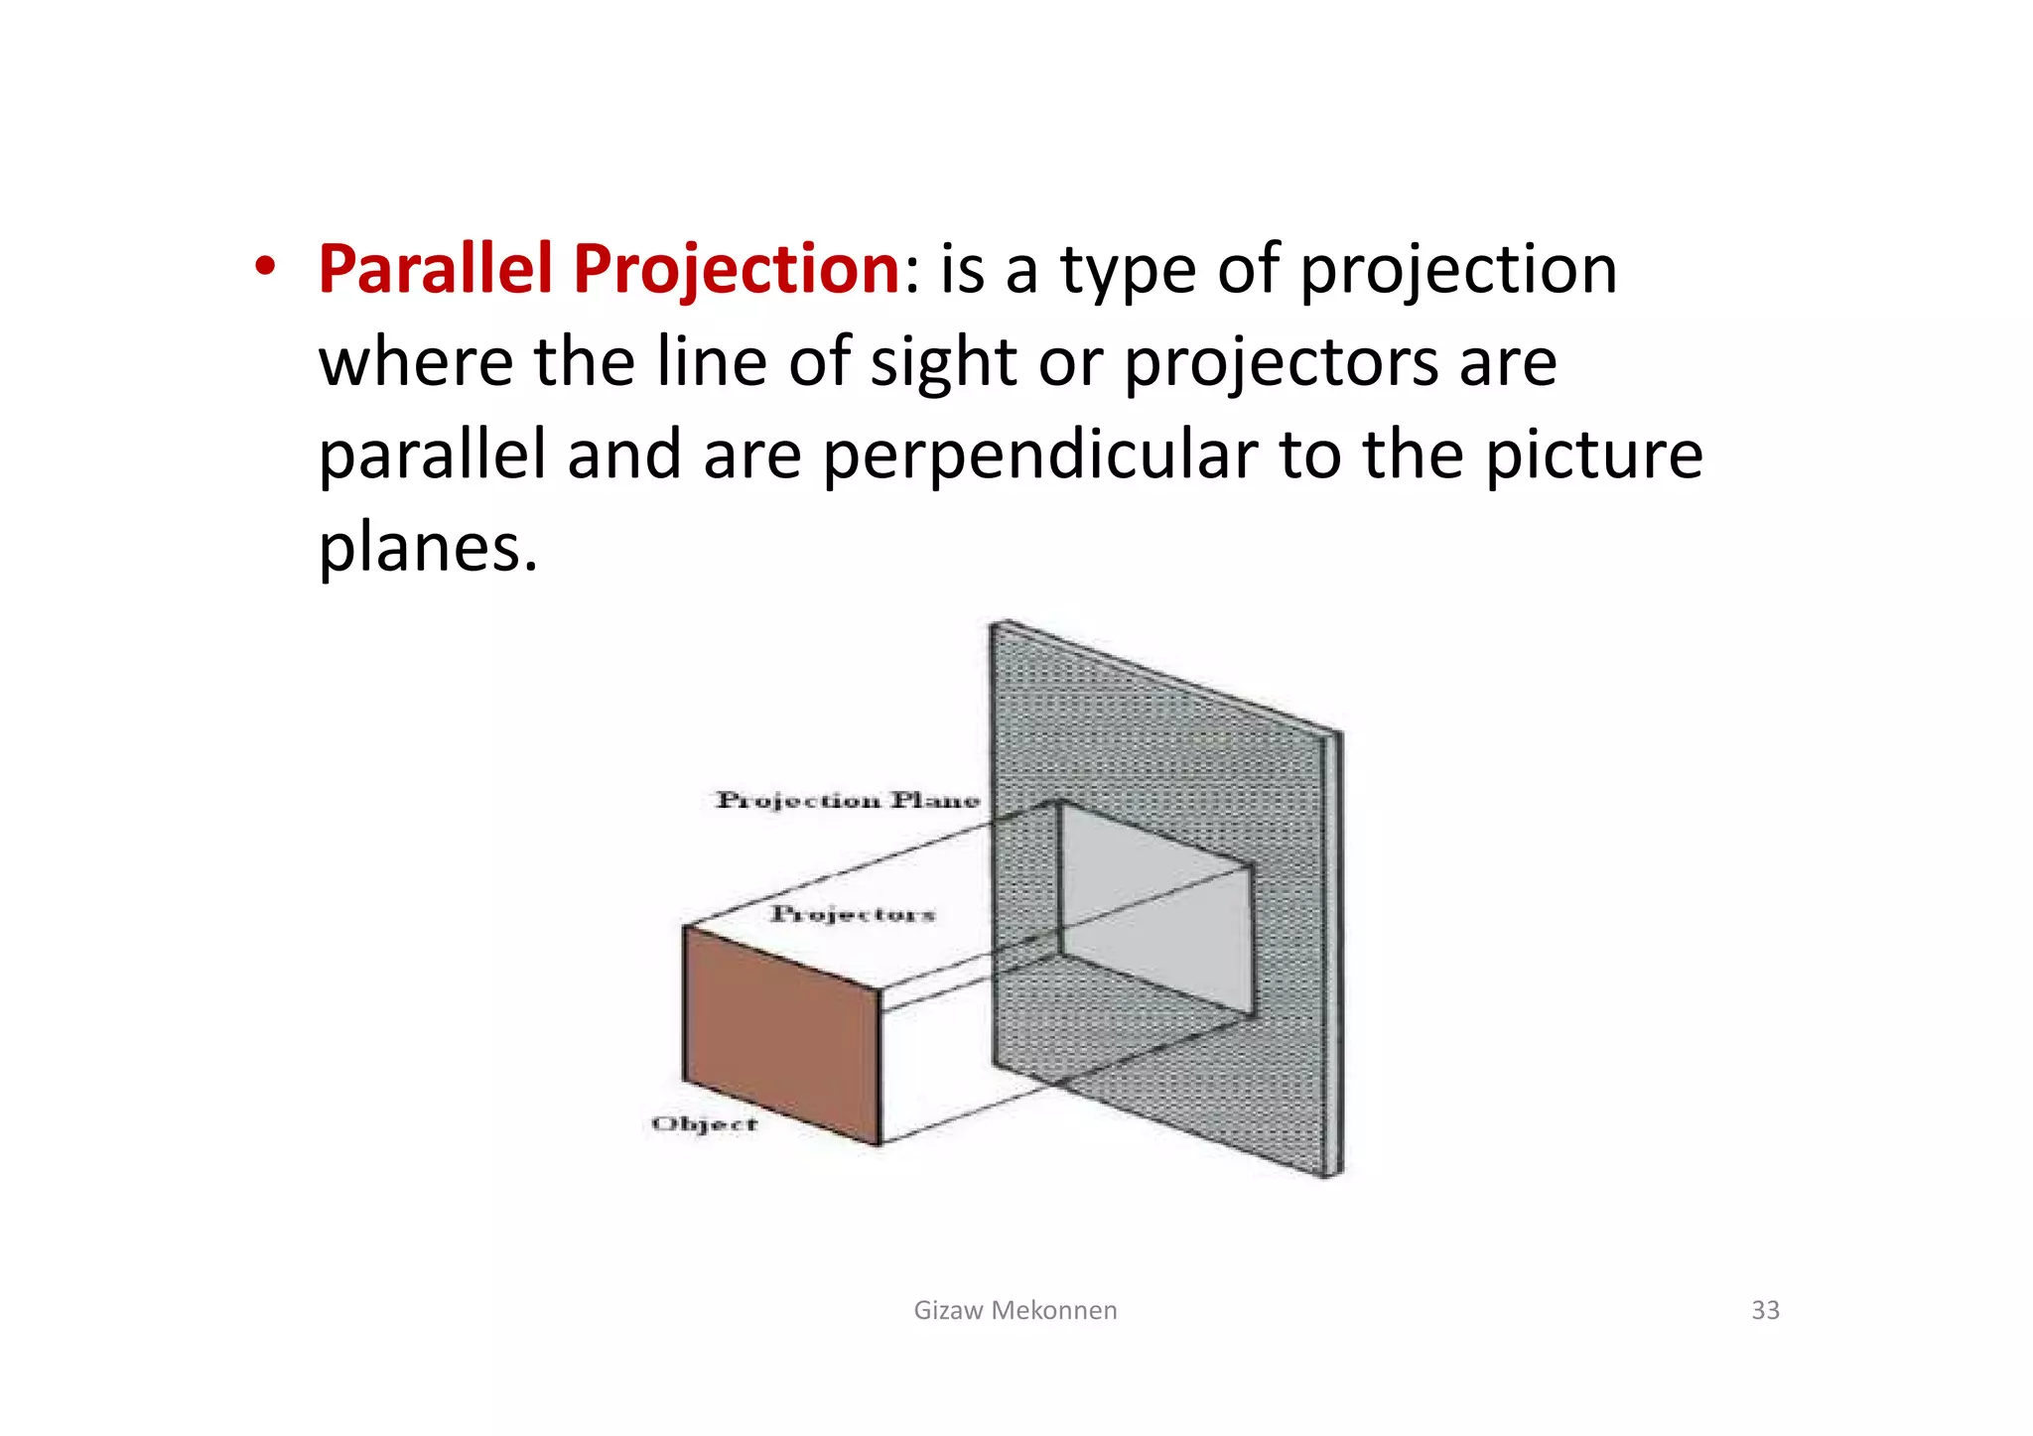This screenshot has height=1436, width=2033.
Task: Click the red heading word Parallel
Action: pos(434,270)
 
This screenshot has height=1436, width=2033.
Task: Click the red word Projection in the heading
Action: pos(736,270)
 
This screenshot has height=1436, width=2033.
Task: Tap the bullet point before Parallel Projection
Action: pos(264,268)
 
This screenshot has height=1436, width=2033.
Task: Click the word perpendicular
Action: pos(1039,457)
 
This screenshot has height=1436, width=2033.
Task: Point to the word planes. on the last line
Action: pos(427,549)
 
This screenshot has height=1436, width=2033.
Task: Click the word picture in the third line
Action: pos(1593,457)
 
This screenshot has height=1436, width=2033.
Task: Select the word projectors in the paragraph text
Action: pos(1281,363)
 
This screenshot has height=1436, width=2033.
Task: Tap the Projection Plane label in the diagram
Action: pos(847,800)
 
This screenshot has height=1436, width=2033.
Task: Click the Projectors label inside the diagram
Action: pos(853,914)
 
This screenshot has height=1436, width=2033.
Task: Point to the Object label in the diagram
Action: pos(704,1124)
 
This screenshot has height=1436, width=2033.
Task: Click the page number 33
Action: pos(1765,1310)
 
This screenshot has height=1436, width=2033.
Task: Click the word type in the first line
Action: pos(1128,270)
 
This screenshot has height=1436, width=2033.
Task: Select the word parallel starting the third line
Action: pos(432,457)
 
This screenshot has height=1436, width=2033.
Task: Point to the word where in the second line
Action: pos(416,363)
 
